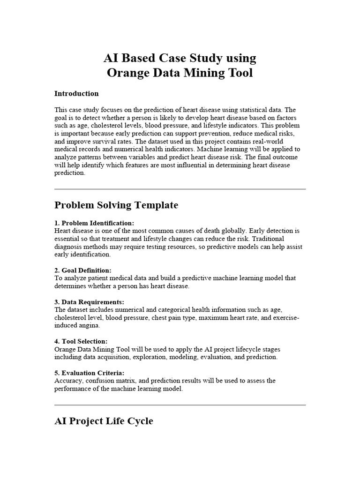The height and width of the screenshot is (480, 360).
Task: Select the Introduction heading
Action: (76, 93)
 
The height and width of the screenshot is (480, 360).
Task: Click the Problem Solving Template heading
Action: (116, 205)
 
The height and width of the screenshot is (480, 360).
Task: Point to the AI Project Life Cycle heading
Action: (104, 421)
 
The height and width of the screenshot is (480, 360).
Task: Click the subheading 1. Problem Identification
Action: (94, 223)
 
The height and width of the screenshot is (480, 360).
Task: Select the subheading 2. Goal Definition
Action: (83, 270)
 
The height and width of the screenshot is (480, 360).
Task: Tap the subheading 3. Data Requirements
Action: (89, 302)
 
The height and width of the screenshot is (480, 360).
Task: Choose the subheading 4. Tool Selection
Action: (81, 341)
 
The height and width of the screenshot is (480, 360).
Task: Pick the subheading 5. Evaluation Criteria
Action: (90, 373)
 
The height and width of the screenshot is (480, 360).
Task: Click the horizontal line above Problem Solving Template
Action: (180, 189)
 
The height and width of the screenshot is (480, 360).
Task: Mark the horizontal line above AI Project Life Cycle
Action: (180, 405)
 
